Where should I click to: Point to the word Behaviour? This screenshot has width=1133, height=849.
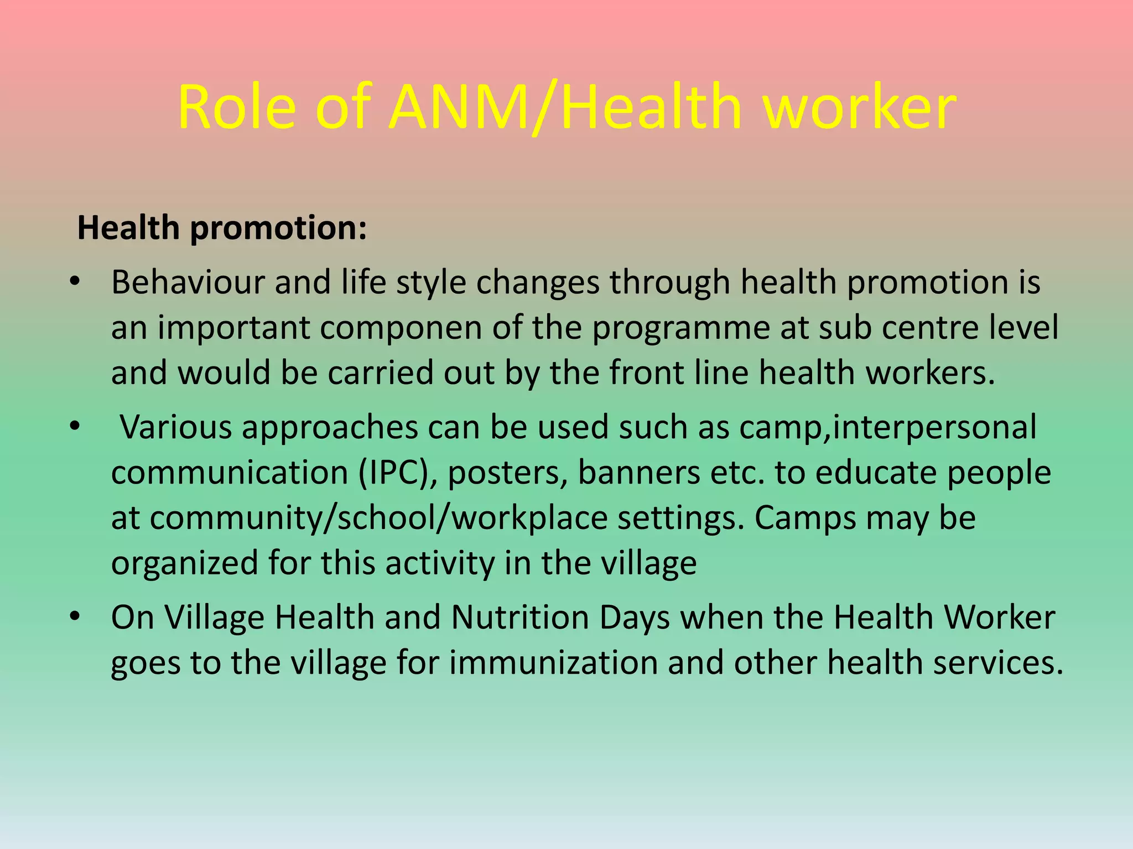tap(188, 282)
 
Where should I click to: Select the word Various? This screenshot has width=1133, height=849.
tap(176, 427)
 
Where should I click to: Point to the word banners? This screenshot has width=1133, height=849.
tap(639, 473)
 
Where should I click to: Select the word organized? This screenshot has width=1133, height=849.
tap(185, 564)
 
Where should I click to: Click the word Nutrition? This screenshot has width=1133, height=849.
tap(520, 617)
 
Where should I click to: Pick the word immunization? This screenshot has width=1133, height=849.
tap(553, 663)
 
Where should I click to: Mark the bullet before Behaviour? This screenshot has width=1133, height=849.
tap(75, 282)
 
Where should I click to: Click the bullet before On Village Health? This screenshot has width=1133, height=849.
tap(75, 617)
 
